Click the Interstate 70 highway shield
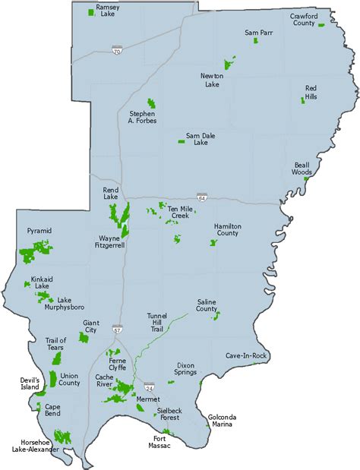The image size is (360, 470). click(115, 50)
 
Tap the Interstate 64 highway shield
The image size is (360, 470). click(201, 197)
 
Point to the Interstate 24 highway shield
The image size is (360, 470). click(150, 386)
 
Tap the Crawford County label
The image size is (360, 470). click(303, 19)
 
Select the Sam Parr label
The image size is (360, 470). click(257, 33)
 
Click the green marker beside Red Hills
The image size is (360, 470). click(303, 100)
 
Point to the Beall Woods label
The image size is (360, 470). click(302, 169)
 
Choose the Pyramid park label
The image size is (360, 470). click(38, 230)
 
